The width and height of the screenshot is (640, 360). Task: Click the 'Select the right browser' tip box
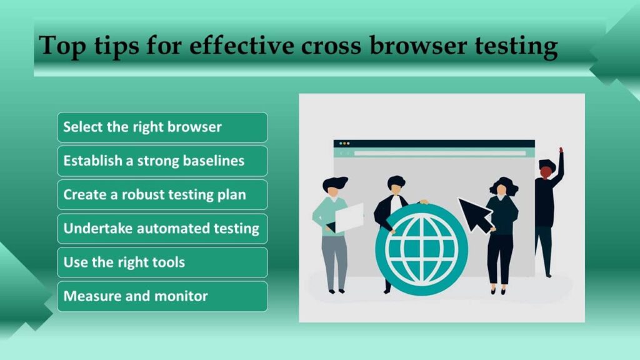(x=162, y=127)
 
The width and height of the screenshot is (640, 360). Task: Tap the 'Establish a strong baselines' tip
(x=162, y=161)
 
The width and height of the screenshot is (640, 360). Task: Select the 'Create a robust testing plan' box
(x=162, y=195)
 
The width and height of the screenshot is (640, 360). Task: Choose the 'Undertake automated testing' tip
(x=162, y=229)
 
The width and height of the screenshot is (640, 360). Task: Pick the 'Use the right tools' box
(x=162, y=262)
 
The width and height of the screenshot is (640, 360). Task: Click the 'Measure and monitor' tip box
(x=162, y=296)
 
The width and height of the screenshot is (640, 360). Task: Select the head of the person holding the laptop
(x=335, y=187)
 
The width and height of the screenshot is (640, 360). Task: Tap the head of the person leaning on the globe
(x=396, y=184)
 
